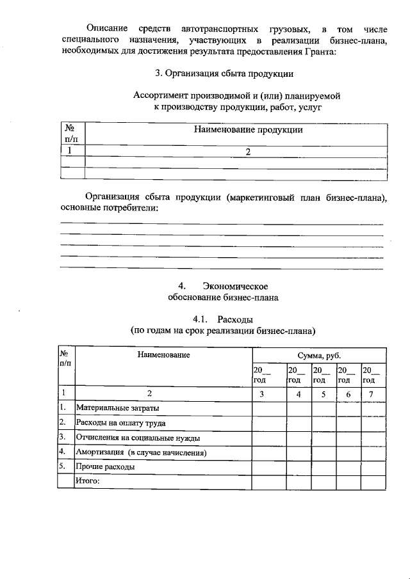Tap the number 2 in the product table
tap(237, 151)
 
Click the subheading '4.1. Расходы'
tap(223, 319)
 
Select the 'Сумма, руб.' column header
tap(318, 355)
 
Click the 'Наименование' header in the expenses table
tap(163, 354)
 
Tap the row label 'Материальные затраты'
tap(118, 408)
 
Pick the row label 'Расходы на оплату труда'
tap(121, 423)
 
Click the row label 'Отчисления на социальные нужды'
tap(138, 438)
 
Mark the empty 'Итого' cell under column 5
tap(324, 482)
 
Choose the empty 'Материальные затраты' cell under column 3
tap(269, 408)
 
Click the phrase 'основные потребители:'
tap(108, 209)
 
